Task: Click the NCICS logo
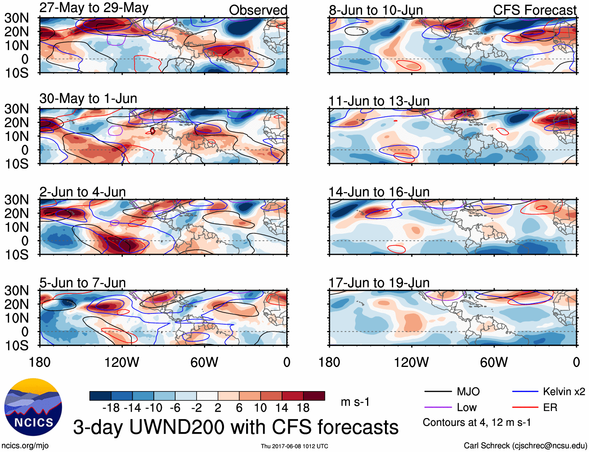(x=33, y=407)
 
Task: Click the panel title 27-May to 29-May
(x=94, y=8)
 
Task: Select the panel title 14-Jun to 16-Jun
(x=379, y=192)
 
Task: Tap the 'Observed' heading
(x=258, y=10)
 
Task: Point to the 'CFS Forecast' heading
(x=534, y=10)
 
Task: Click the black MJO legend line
(x=438, y=391)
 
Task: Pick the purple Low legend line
(x=438, y=408)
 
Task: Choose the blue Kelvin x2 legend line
(x=525, y=391)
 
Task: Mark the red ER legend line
(x=525, y=408)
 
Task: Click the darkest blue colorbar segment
(x=100, y=396)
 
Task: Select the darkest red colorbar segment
(x=314, y=396)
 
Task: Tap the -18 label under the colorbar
(x=111, y=408)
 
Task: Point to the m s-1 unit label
(x=355, y=402)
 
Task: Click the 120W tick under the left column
(x=122, y=362)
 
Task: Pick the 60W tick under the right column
(x=494, y=362)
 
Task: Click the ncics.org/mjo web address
(x=25, y=446)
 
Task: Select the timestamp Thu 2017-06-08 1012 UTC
(x=294, y=446)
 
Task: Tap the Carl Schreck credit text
(x=525, y=446)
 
